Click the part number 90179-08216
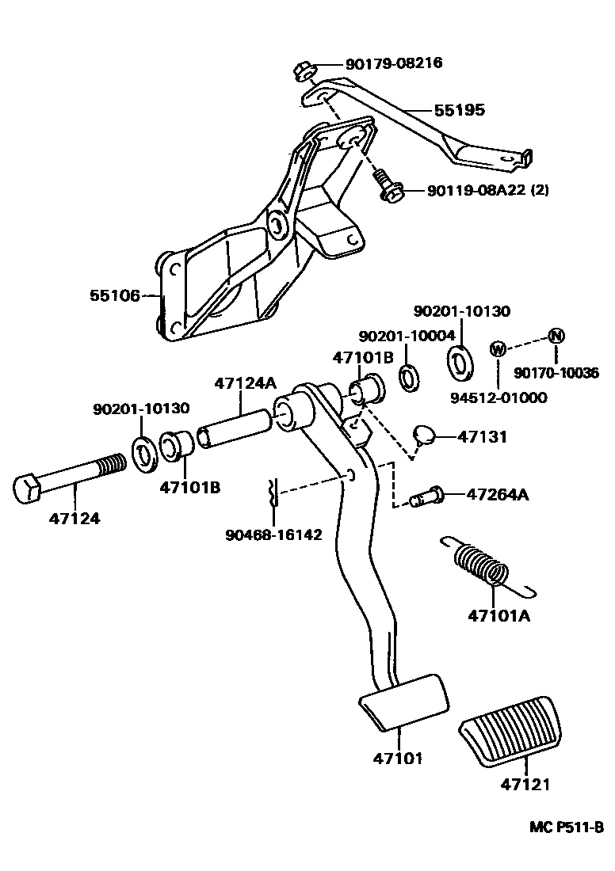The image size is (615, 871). pos(393,63)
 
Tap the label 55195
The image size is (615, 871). pos(458,110)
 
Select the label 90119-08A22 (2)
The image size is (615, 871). pos(487,190)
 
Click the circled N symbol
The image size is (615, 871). pos(556,336)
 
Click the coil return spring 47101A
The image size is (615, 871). pos(482,563)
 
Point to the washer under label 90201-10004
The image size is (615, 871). pos(410,378)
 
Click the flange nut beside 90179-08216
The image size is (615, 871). pos(304,71)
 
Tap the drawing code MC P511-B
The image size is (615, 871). pos(567,827)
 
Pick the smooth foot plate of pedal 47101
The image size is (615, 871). pos(403,700)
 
